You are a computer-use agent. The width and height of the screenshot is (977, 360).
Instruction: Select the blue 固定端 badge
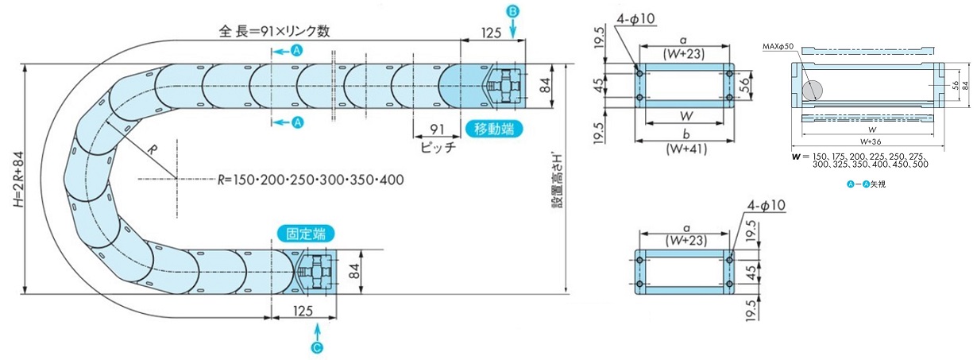[306, 234]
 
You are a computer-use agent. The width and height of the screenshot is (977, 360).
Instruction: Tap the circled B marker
[512, 11]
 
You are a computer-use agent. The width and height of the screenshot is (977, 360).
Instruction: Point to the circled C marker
[318, 347]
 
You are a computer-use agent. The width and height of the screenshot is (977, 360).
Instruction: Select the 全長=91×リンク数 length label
[274, 32]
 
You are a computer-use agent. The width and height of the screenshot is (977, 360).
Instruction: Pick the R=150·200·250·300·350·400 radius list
[311, 180]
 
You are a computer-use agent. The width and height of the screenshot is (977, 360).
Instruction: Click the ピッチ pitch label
[436, 148]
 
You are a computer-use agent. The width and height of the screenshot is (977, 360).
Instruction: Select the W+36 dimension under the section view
[871, 141]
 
